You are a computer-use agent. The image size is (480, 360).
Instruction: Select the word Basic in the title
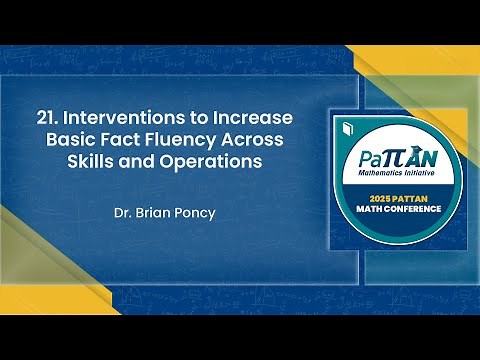[73, 137]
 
